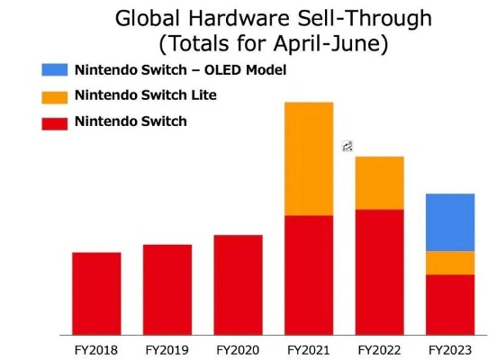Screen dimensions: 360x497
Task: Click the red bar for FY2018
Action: [x=96, y=293]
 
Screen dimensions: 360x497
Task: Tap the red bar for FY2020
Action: [x=238, y=284]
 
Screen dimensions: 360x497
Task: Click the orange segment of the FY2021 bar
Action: [x=309, y=158]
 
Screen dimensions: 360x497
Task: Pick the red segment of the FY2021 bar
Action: [x=309, y=274]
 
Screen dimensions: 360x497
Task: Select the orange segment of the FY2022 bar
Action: [x=379, y=183]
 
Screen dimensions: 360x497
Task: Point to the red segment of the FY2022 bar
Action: [x=379, y=272]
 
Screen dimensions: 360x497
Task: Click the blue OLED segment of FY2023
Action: [x=449, y=221]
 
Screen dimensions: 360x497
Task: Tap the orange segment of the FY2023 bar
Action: [x=449, y=262]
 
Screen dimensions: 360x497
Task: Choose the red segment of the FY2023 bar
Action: [x=449, y=304]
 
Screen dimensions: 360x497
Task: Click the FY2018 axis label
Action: [x=96, y=348]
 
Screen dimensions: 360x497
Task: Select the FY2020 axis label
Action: [x=238, y=348]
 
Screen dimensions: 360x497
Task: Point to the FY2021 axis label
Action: [x=309, y=348]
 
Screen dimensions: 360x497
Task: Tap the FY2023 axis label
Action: [x=449, y=348]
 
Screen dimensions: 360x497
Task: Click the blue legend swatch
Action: [x=54, y=70]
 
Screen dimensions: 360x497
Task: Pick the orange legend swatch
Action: [x=54, y=96]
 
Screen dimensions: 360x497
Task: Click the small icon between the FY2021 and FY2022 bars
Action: [x=348, y=146]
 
